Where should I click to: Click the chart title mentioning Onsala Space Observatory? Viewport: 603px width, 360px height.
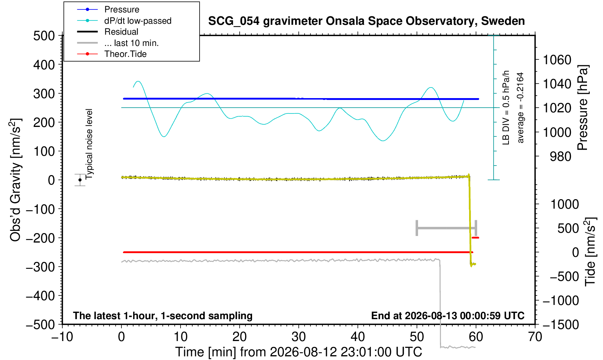pos(366,21)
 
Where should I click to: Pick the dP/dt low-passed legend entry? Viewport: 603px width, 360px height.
pos(124,21)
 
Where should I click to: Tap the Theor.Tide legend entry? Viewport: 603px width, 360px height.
pos(112,54)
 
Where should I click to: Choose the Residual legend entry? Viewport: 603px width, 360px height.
pos(108,32)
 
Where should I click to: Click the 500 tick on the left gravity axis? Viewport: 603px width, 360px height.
pos(44,36)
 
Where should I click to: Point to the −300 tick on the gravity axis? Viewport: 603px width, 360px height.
pos(40,267)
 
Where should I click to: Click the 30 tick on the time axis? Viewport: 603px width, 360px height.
pos(298,337)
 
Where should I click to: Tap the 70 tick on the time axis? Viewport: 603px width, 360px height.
pos(535,337)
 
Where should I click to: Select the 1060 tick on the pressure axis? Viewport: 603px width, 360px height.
pos(557,59)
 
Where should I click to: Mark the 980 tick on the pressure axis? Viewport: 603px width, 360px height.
pos(560,156)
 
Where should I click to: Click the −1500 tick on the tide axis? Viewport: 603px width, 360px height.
pos(561,325)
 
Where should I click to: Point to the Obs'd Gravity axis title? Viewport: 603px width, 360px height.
pos(15,180)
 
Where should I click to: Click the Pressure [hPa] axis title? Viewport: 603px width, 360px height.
pos(583,108)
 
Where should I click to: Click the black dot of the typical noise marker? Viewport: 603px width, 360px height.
pos(80,180)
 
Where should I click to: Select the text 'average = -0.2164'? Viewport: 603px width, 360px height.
pos(521,108)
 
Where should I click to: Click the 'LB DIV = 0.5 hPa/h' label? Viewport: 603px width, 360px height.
pos(506,108)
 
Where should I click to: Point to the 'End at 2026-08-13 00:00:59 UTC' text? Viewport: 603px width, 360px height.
pos(448,316)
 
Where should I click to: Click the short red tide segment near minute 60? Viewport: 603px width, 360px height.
pos(475,238)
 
